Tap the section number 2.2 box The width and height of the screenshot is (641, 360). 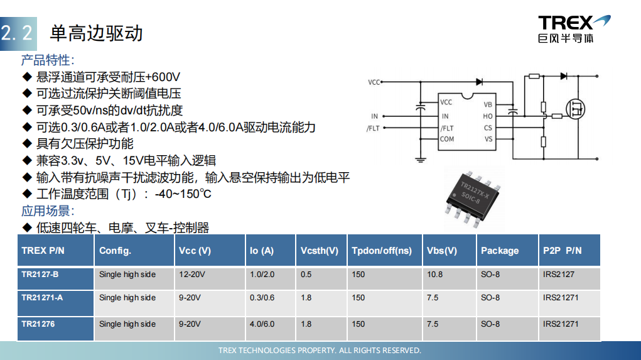(x=18, y=33)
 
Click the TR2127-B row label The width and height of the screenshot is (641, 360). (x=40, y=275)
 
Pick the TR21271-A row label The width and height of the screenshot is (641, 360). (x=42, y=298)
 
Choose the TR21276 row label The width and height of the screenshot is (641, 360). (x=38, y=324)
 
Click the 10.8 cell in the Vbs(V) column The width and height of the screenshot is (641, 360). (x=434, y=275)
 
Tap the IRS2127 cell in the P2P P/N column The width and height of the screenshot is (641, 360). (x=558, y=275)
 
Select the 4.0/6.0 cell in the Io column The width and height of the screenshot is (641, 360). (x=262, y=324)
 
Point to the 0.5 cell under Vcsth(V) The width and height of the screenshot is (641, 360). (x=306, y=275)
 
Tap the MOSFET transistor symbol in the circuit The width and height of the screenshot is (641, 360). (x=575, y=109)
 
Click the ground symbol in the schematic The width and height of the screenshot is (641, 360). (x=420, y=160)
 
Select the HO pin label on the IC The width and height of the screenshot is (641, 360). (x=487, y=116)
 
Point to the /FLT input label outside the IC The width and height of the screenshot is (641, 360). (x=373, y=128)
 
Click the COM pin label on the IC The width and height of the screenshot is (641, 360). (x=447, y=139)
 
